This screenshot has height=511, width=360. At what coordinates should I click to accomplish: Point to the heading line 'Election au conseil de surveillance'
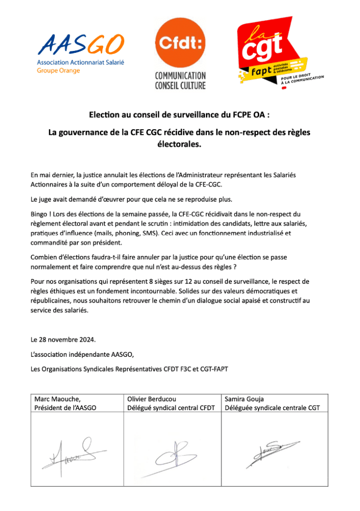180,114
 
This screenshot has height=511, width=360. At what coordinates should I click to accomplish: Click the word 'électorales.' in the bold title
179,145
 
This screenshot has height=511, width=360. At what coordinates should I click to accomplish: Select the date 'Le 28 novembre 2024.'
63,340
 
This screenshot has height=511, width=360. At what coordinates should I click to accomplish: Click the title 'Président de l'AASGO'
65,407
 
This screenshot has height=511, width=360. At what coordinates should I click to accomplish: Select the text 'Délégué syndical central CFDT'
171,407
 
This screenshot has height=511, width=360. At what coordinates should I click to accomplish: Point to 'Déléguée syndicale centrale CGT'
272,407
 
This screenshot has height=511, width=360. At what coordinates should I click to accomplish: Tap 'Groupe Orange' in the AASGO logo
58,70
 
